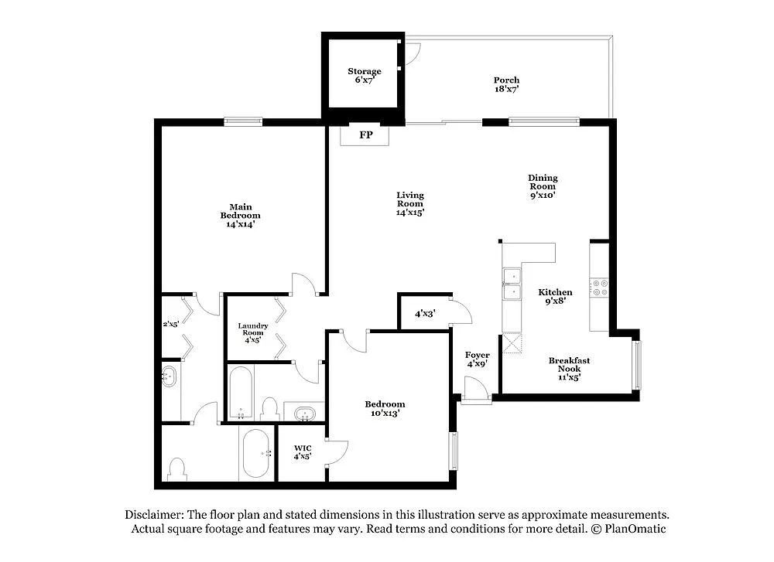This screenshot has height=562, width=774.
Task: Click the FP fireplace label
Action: pos(366,135)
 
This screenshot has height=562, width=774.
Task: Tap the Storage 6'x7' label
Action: pos(364,76)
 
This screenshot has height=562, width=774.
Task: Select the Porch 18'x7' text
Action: pos(506,84)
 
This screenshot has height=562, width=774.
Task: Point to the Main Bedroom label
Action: pos(240,215)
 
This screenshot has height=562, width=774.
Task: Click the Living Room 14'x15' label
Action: pos(409,203)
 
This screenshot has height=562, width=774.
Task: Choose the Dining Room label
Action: pos(543,186)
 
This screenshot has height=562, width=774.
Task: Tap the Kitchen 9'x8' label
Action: pos(555,297)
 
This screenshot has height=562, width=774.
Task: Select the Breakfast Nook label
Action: pos(569,368)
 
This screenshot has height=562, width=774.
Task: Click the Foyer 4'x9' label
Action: pos(477,359)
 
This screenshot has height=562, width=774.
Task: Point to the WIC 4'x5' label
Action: pos(302,452)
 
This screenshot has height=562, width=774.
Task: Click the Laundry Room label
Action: pos(253,332)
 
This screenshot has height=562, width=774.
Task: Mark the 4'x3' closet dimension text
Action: pos(424,314)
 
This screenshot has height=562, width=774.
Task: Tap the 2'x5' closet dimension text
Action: pos(170,325)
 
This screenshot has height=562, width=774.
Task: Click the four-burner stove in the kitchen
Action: pos(599,288)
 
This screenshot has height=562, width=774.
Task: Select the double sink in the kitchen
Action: pos(512,285)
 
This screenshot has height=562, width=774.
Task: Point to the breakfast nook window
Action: pos(636,365)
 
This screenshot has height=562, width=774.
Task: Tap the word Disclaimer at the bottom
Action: pos(152,515)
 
